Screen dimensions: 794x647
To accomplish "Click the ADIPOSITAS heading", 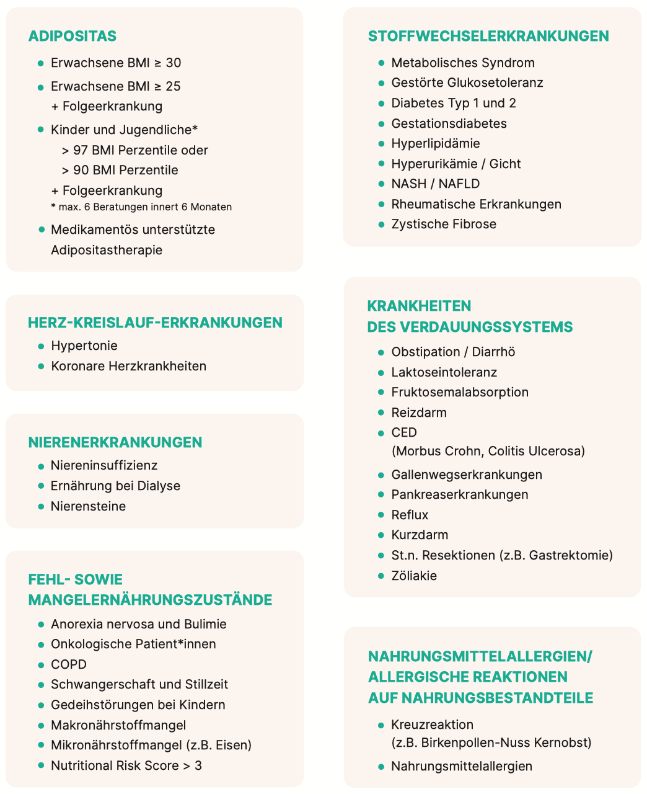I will click(x=72, y=36).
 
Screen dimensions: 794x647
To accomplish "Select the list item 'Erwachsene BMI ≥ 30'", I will click(x=116, y=63).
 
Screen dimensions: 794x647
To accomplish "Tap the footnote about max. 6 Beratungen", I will click(x=141, y=207).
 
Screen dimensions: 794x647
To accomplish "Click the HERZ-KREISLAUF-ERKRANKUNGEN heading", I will click(x=155, y=323).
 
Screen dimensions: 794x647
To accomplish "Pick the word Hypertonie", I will click(x=84, y=346).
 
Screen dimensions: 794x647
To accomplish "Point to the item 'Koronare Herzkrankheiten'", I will click(x=128, y=366).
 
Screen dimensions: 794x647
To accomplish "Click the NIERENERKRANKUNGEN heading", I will click(x=115, y=442).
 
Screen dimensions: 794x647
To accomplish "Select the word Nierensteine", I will click(x=88, y=506).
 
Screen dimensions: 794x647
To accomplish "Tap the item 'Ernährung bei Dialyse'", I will click(x=115, y=486).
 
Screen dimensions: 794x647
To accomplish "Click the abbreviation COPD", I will click(x=69, y=664).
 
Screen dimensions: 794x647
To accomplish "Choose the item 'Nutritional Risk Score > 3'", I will click(x=126, y=765).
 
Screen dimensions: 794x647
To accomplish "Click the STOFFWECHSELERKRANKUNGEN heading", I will click(x=488, y=36).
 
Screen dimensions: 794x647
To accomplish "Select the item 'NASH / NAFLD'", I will click(x=435, y=184).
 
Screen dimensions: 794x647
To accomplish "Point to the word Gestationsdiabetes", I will click(x=449, y=123).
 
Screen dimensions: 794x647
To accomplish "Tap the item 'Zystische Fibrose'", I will click(x=444, y=224).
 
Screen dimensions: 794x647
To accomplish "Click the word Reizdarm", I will click(x=419, y=413).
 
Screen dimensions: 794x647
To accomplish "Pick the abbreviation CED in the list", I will click(x=404, y=432).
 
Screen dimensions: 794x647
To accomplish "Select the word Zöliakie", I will click(x=414, y=576).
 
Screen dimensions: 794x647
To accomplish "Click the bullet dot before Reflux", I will click(x=381, y=515).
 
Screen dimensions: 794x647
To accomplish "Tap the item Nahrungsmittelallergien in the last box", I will click(x=462, y=766).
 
